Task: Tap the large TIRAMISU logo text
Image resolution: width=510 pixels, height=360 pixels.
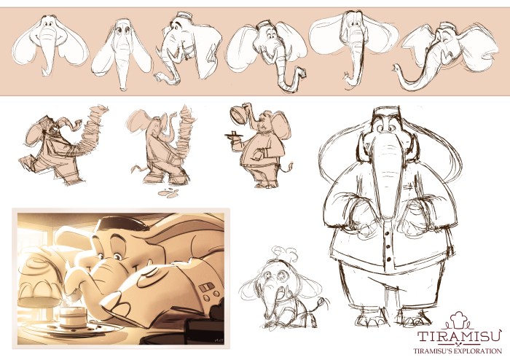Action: tap(459, 336)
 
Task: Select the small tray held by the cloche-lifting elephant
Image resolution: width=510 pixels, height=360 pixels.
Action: tap(234, 134)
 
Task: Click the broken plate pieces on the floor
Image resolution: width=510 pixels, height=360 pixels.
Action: tap(169, 192)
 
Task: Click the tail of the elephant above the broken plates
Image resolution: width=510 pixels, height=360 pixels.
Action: tap(139, 168)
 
